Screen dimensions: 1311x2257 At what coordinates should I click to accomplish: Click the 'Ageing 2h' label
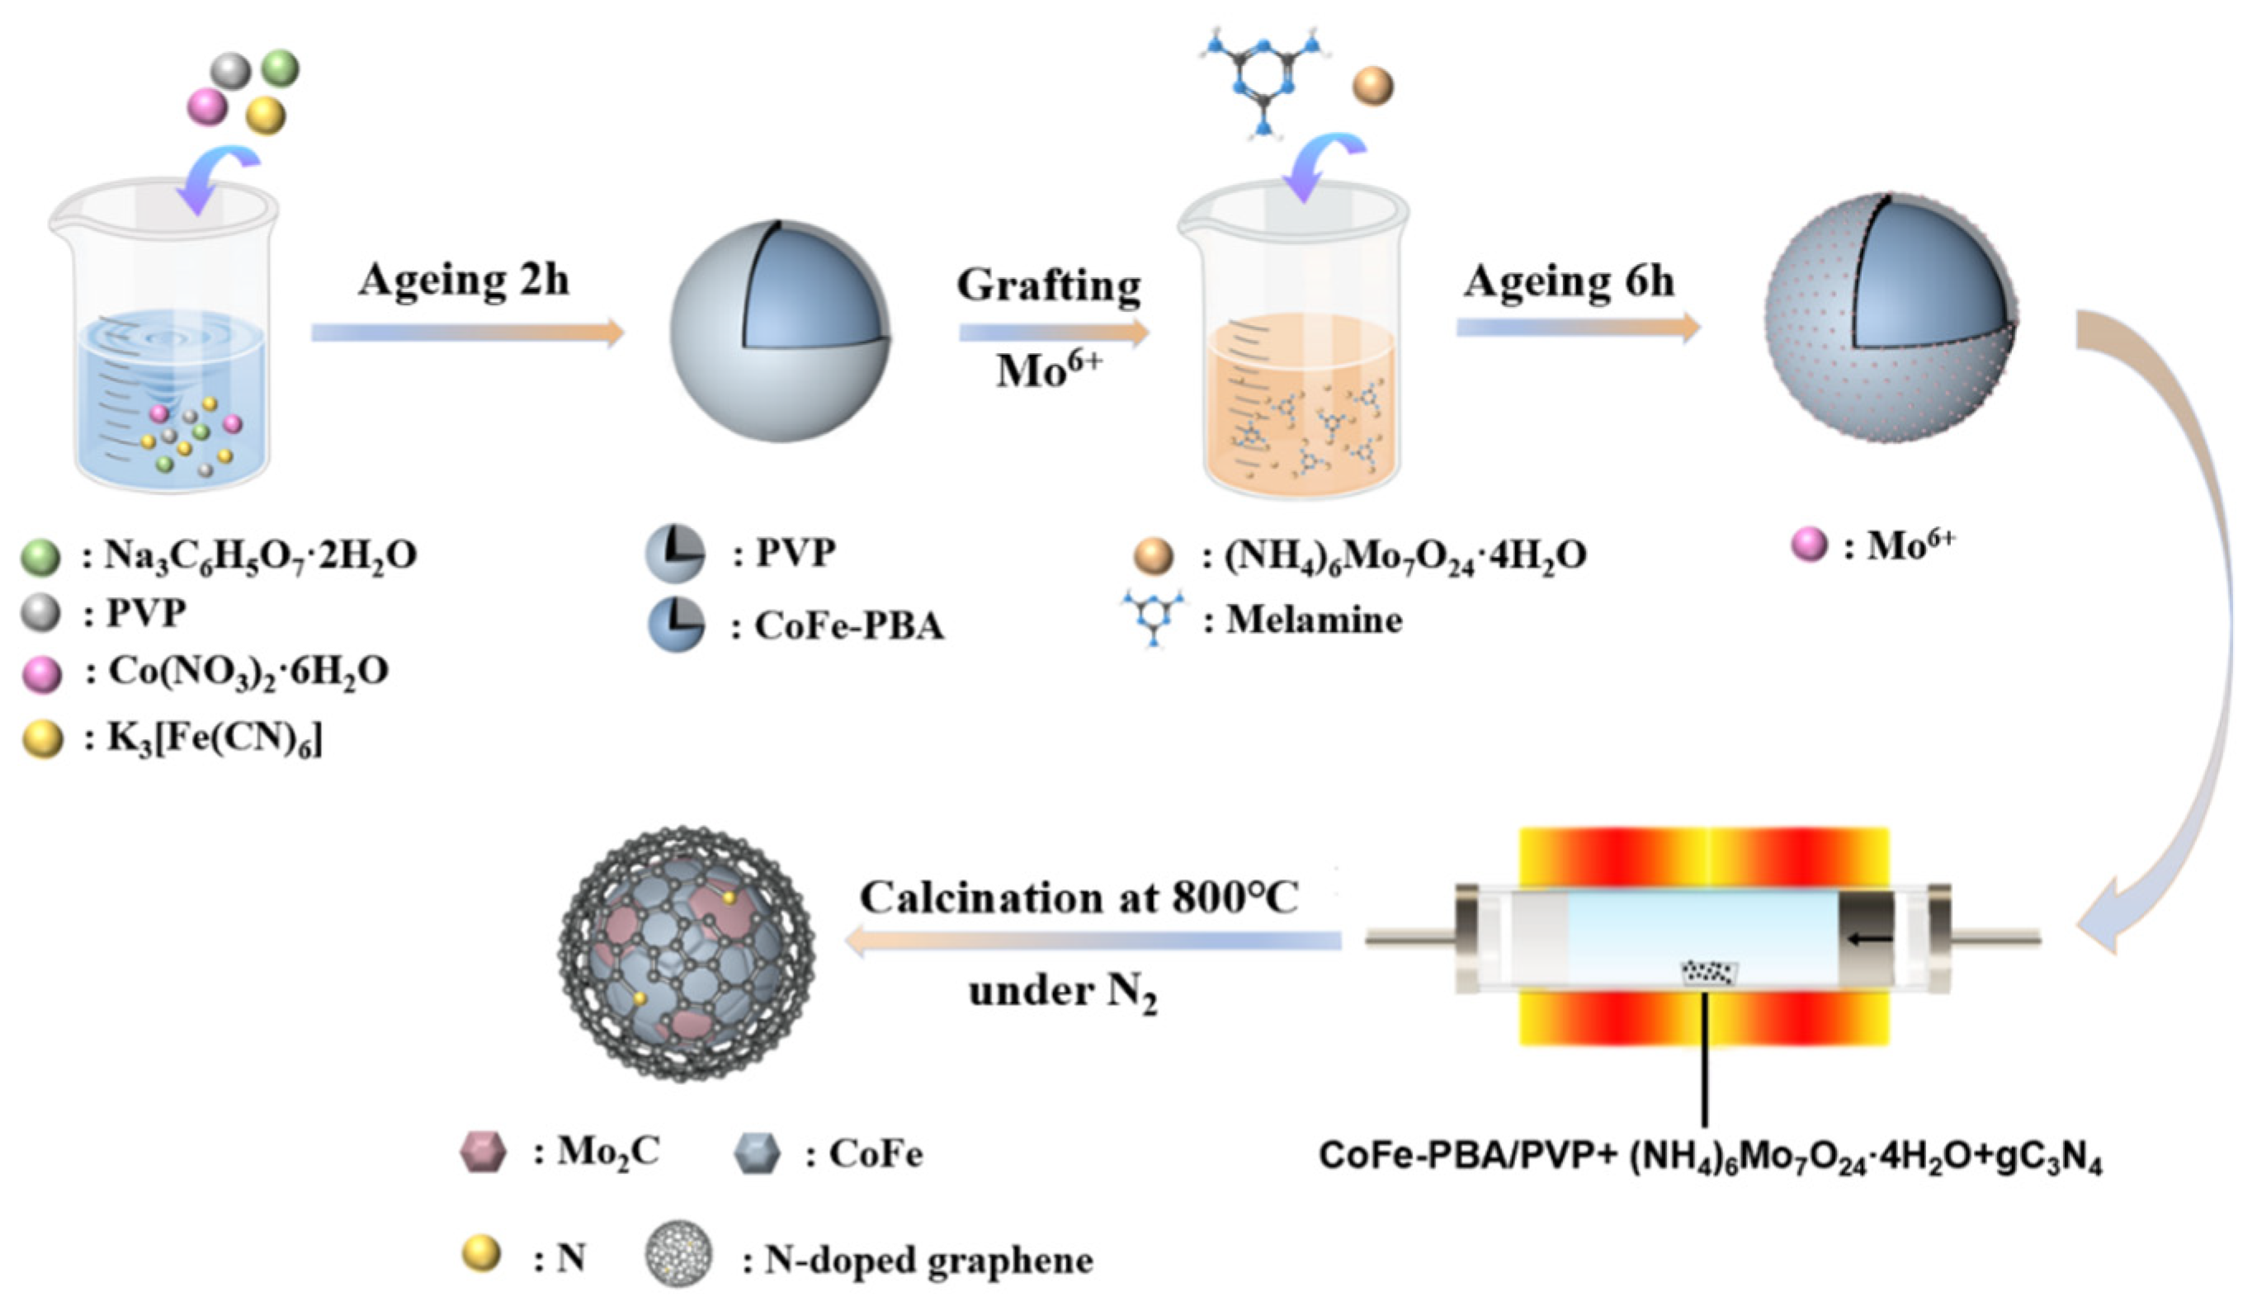coord(463,281)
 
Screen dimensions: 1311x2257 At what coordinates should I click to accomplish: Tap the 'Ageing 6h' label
coord(1568,282)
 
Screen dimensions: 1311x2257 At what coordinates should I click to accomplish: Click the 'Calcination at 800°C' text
coord(1079,898)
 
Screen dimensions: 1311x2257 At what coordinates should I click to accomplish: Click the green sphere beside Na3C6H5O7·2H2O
coord(40,557)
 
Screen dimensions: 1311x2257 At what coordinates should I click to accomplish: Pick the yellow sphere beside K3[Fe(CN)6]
coord(42,740)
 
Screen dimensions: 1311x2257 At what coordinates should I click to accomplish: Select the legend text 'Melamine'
coord(1314,620)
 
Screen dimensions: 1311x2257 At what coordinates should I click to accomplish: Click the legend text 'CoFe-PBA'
coord(849,626)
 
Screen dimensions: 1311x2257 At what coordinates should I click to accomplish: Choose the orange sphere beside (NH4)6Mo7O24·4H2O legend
coord(1153,556)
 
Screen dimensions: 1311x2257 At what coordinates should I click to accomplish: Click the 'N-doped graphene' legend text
coord(928,1261)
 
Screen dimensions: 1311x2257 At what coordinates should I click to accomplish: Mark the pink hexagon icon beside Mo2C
coord(483,1153)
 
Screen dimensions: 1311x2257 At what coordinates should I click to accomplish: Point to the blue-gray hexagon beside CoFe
coord(756,1153)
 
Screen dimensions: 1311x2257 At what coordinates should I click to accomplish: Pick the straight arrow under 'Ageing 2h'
coord(466,332)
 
